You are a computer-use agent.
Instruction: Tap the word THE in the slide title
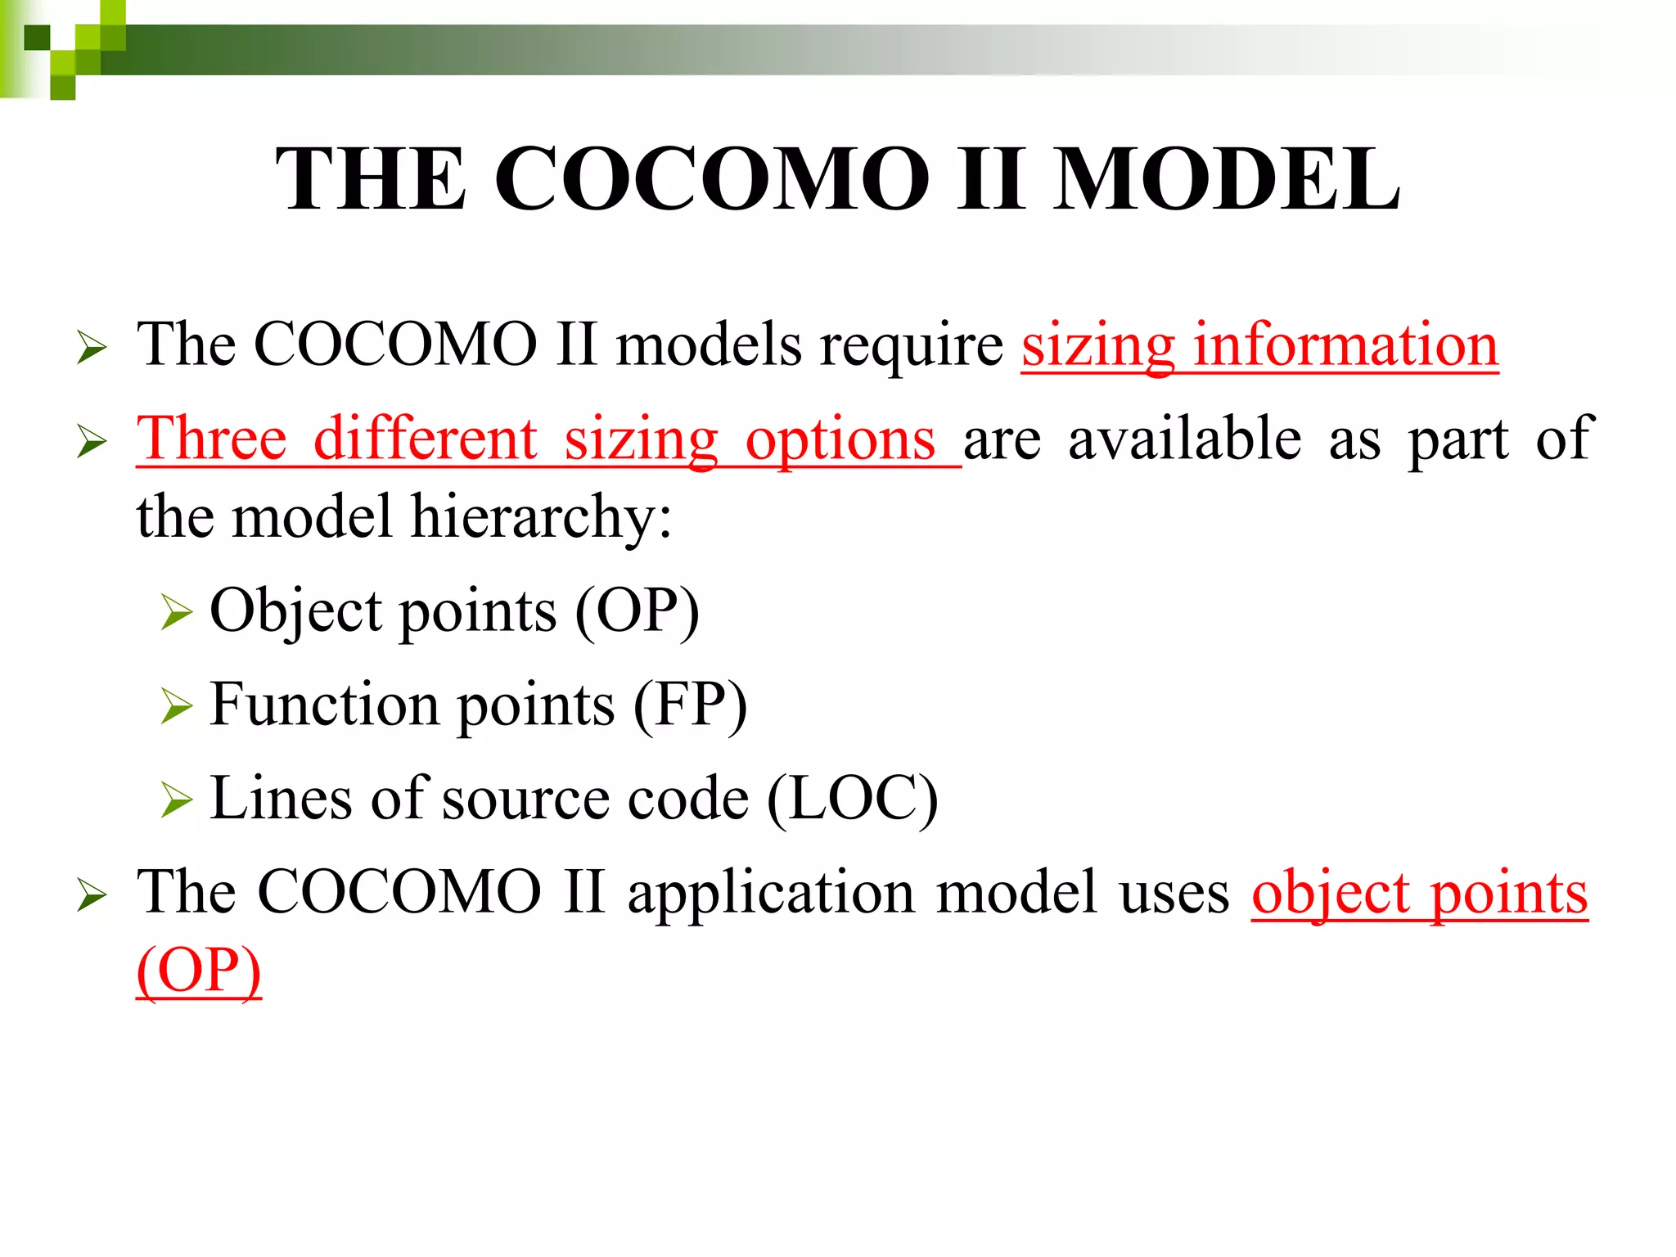[372, 179]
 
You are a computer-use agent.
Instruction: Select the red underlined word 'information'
[1345, 345]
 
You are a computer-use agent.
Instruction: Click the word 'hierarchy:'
[541, 517]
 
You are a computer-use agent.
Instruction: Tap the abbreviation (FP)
[690, 705]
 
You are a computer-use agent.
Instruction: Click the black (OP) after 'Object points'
[637, 611]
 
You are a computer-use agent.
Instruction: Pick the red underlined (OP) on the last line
[199, 971]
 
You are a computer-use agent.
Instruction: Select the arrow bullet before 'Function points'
[177, 706]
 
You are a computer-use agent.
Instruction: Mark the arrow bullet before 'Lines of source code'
[177, 800]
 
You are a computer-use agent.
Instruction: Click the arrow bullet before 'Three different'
[92, 441]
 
